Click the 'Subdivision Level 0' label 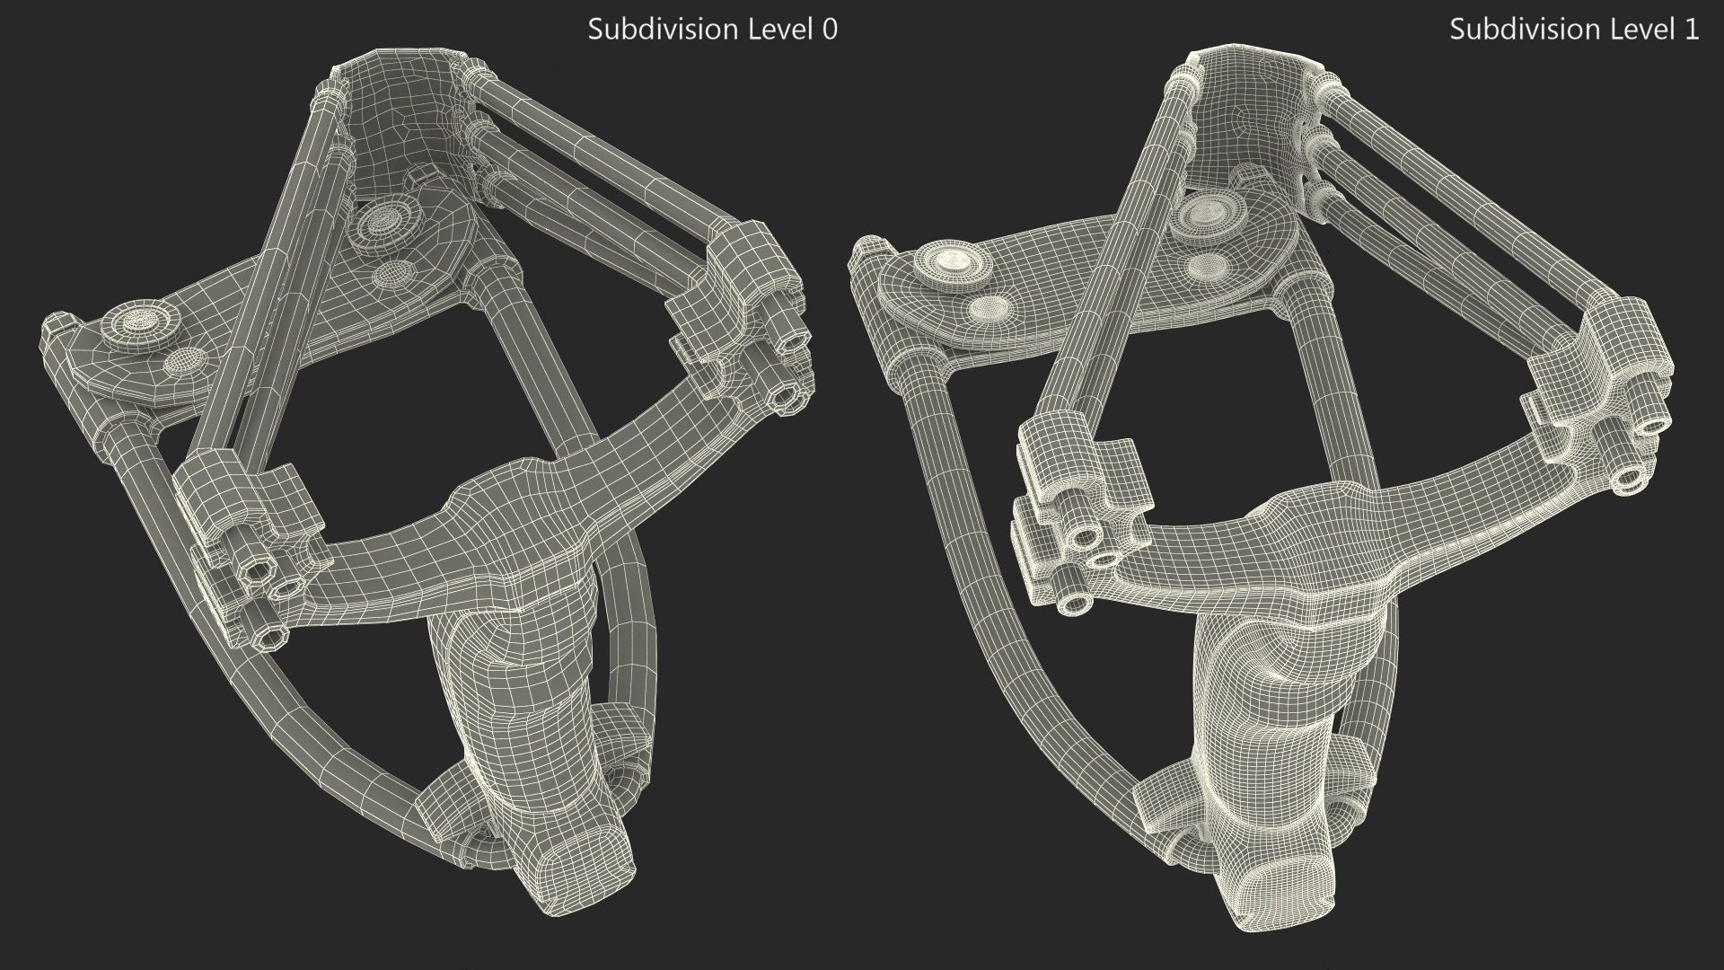[x=712, y=30]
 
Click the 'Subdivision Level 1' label [x=1574, y=30]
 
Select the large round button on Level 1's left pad [x=954, y=261]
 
